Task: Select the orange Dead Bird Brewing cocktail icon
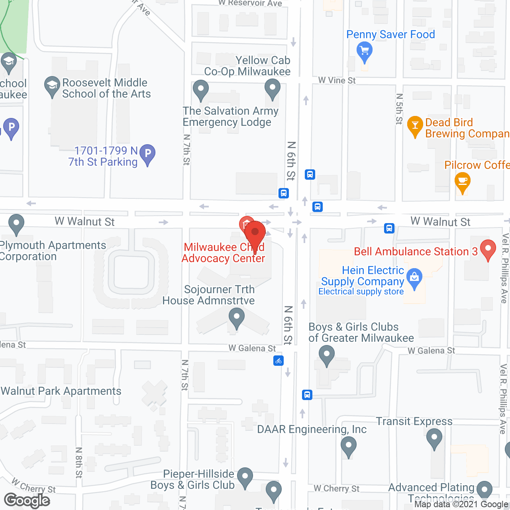[x=415, y=126]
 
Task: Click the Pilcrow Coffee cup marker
[x=462, y=182]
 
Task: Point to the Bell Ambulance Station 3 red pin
[x=488, y=249]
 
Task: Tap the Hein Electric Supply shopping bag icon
[x=414, y=278]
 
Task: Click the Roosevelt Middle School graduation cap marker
[x=52, y=86]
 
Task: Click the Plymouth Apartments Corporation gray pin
[x=16, y=224]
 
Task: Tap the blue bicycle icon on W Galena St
[x=279, y=361]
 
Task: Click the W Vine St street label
[x=337, y=80]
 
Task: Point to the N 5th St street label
[x=399, y=109]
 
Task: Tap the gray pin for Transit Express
[x=434, y=438]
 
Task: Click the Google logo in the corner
[x=27, y=500]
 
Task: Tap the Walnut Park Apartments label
[x=61, y=391]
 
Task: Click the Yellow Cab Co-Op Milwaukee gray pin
[x=273, y=88]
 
